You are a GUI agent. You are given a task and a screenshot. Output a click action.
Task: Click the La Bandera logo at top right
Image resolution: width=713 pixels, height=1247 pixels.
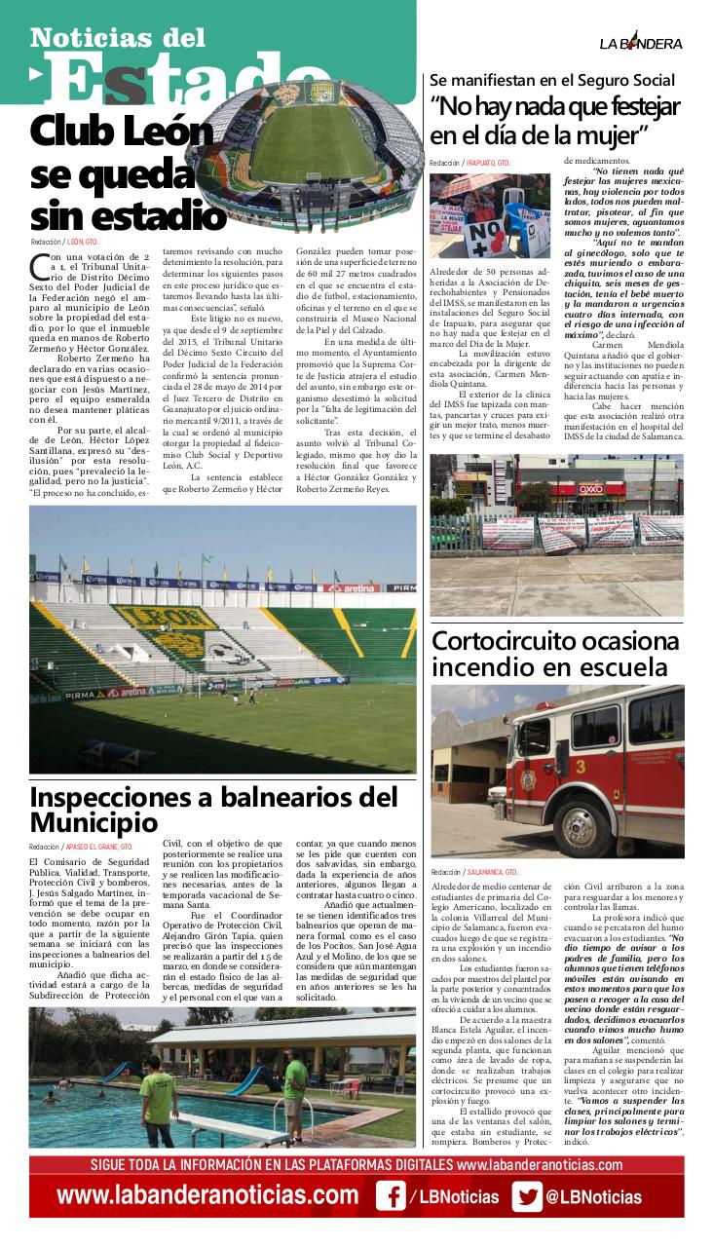tap(640, 43)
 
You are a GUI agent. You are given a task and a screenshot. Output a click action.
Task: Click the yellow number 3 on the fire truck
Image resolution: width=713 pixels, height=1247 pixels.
tap(580, 767)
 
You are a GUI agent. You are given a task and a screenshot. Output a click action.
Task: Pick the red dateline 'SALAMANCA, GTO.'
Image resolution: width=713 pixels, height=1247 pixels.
tap(492, 872)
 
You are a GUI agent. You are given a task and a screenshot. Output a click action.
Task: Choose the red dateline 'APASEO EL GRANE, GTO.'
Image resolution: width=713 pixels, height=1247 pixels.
tap(98, 848)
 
